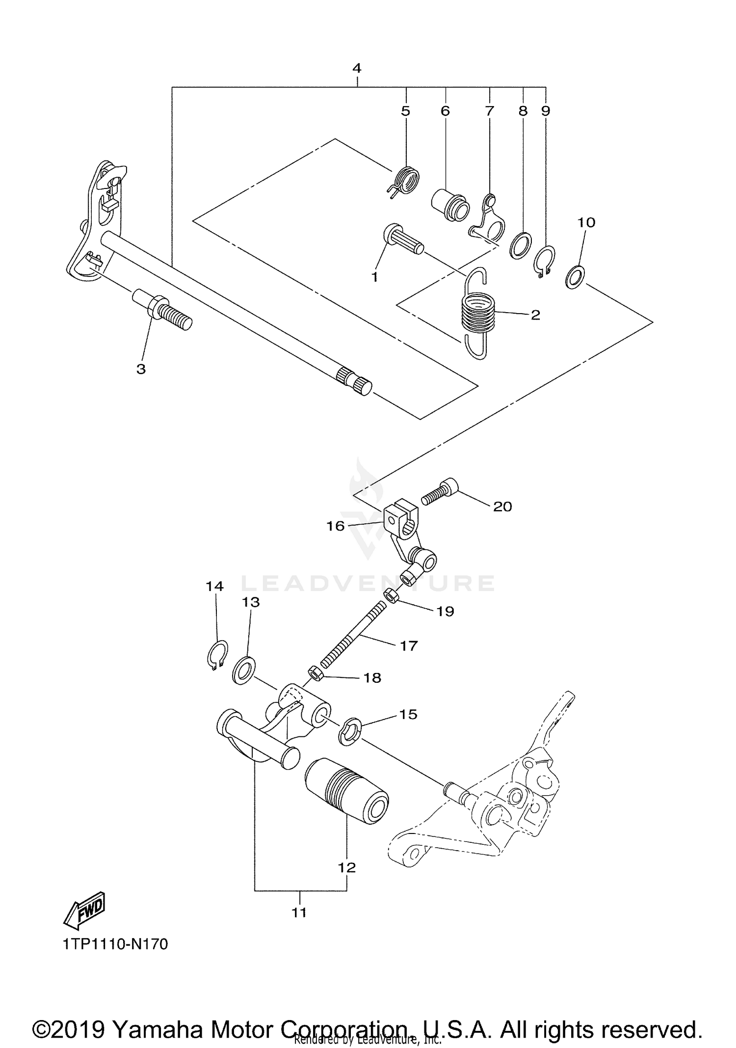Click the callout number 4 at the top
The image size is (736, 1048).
pos(357,68)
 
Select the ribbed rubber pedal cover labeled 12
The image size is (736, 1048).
pos(346,795)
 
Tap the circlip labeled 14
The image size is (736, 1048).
pos(216,655)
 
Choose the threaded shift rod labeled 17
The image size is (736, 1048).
pos(352,636)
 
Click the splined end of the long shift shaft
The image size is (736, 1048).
pos(354,380)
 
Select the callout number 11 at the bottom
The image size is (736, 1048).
pos(299,912)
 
